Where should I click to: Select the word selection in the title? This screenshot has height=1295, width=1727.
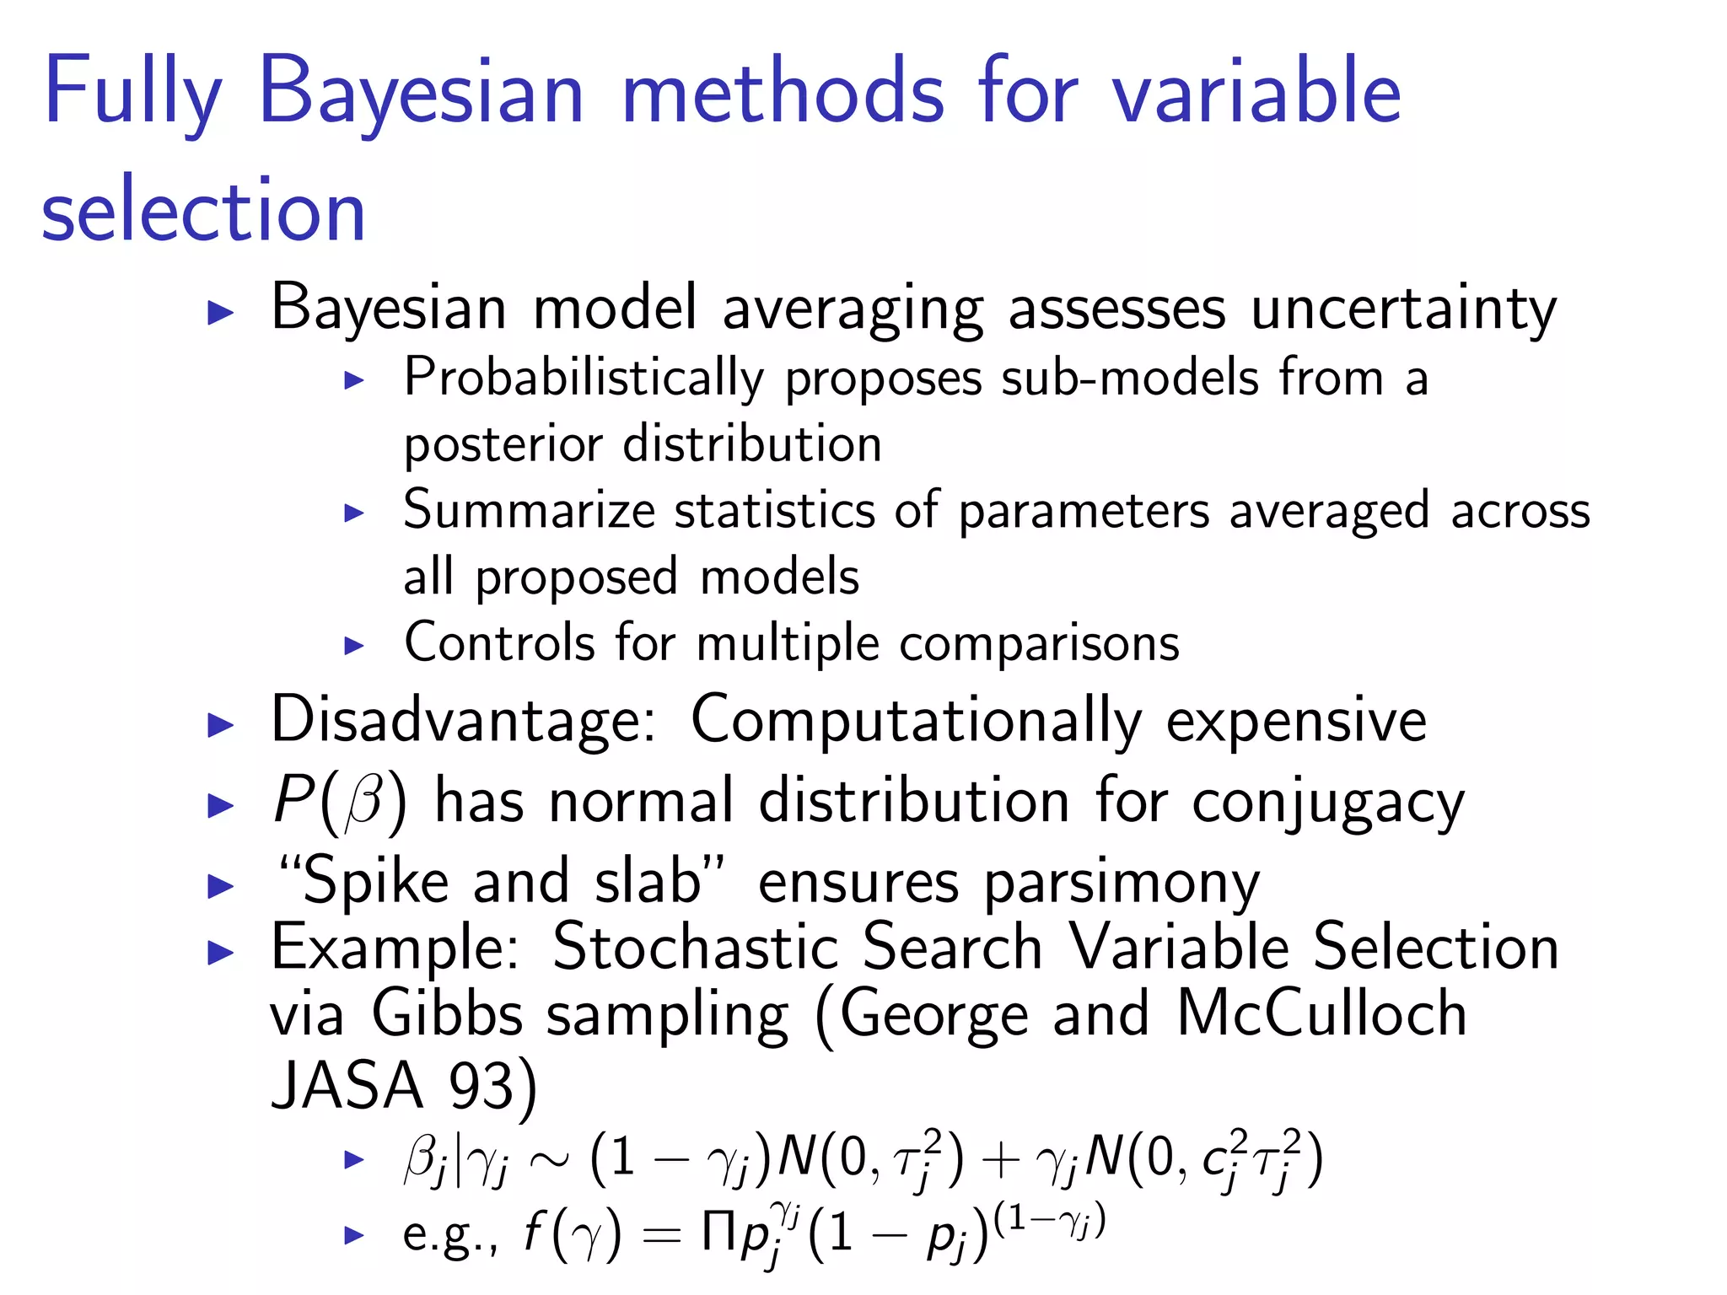click(203, 211)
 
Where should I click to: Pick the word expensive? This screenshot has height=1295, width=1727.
click(1296, 721)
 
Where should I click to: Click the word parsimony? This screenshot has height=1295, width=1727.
click(1122, 884)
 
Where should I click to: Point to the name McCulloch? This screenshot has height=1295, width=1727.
click(1321, 1013)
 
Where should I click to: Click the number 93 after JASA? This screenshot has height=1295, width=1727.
click(482, 1086)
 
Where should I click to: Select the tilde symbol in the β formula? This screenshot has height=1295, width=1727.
click(547, 1160)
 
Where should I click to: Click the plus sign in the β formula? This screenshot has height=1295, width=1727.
click(1001, 1160)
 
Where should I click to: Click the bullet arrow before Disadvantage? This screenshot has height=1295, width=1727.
click(220, 724)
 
